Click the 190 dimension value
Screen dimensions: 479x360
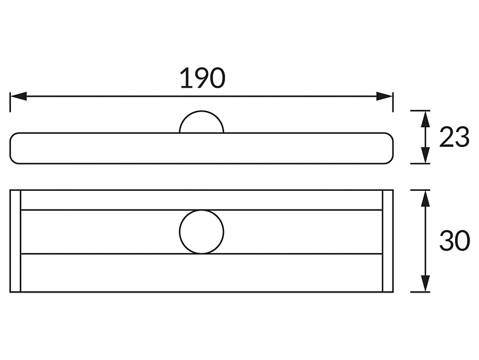(202, 79)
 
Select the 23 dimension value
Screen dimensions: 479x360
(454, 137)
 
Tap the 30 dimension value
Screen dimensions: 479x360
(454, 241)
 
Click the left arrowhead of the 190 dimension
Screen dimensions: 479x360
(19, 96)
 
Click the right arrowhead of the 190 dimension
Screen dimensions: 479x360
(384, 96)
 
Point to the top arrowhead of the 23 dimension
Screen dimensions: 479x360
(425, 119)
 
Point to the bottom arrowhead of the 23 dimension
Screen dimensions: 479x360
(425, 155)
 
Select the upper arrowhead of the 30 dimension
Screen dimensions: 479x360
(425, 199)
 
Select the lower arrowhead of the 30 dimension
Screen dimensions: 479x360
(425, 284)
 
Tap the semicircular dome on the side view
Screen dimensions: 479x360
(202, 111)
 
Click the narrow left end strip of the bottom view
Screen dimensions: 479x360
(15, 241)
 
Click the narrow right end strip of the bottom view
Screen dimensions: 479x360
(388, 241)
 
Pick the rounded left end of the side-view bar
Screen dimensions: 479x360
(10, 148)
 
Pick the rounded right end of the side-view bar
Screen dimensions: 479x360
(393, 148)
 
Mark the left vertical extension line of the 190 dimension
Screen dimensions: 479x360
(10, 102)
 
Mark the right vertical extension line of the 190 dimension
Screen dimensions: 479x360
(393, 102)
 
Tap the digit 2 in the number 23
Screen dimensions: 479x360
(447, 137)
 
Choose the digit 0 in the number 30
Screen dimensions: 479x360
(463, 241)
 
